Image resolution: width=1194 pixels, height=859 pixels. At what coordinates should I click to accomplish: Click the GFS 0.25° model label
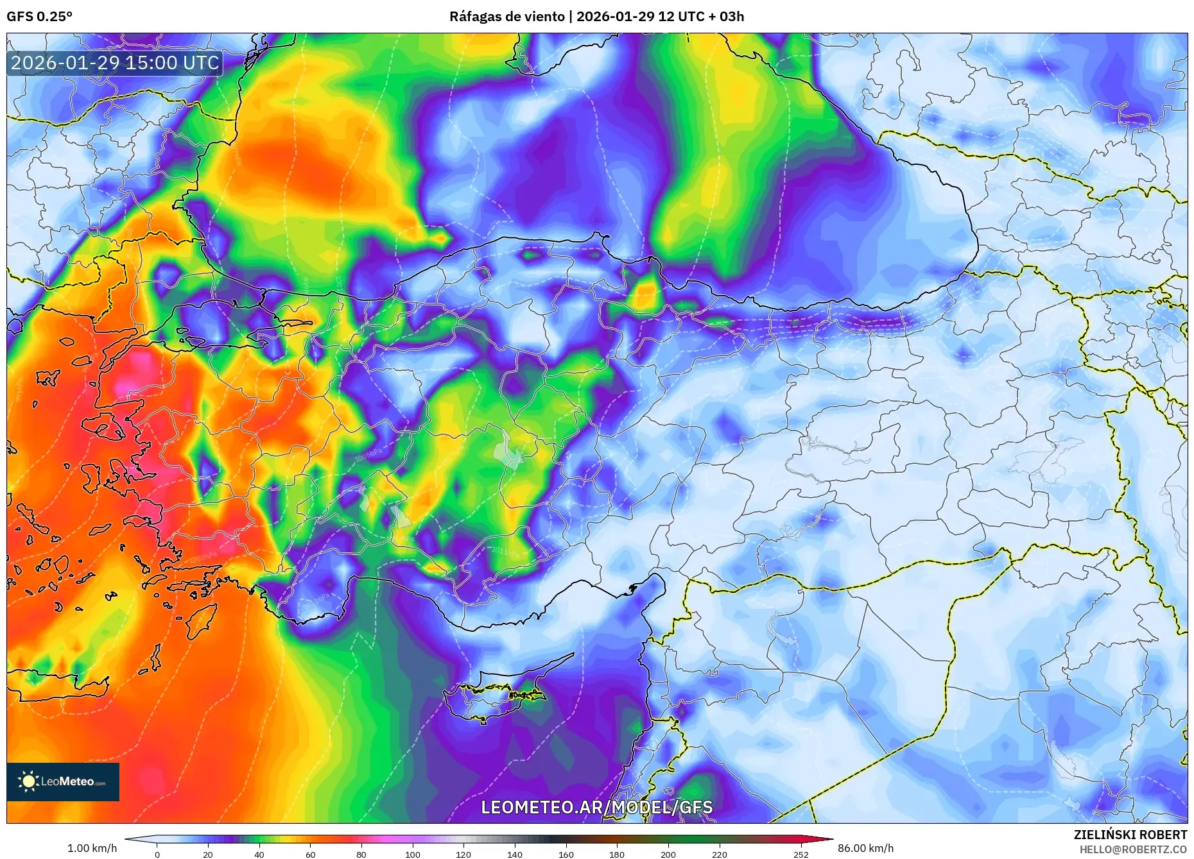coord(39,17)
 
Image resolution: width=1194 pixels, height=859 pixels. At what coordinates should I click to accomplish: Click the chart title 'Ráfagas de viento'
coord(506,17)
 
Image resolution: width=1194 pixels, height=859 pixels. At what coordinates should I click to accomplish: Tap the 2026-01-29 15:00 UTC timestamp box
coord(115,63)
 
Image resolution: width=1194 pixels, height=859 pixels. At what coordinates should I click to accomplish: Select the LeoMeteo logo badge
coord(63,781)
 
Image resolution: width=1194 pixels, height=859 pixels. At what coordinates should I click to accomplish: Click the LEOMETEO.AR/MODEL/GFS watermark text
coord(596,807)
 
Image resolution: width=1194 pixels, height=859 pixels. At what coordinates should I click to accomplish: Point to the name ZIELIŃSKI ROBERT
coord(1130,835)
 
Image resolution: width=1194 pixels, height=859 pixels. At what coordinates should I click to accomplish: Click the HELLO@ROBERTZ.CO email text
coord(1133,849)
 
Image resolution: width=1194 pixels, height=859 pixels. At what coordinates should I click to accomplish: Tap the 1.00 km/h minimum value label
coord(92,848)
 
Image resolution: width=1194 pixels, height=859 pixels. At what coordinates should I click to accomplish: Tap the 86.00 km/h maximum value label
coord(865,848)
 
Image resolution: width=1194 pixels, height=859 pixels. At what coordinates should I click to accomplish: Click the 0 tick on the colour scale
coord(157,855)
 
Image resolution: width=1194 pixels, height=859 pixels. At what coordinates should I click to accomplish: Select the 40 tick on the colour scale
coord(259,855)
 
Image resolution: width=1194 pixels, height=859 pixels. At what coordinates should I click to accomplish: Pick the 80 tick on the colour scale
coord(361,855)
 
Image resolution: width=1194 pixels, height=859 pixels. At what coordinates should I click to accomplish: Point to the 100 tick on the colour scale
coord(413,855)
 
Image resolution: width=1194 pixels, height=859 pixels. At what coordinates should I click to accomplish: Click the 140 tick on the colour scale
coord(515,855)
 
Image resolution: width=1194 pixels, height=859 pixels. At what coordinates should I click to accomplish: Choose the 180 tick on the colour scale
coord(617,855)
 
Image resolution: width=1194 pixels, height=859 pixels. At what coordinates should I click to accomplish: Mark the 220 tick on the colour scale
coord(719,855)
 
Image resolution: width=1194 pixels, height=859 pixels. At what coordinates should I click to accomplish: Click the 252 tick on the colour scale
coord(800,855)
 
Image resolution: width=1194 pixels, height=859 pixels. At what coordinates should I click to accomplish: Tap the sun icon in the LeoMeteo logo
coord(28,781)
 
